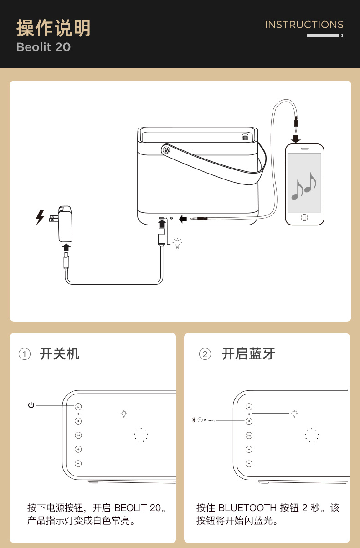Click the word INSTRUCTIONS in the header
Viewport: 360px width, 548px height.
click(304, 25)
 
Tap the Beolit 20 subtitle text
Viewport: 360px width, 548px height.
click(44, 47)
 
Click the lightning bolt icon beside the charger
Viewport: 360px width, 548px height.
click(40, 218)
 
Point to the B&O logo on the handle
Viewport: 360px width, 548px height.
click(166, 150)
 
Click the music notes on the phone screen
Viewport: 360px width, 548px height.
click(303, 186)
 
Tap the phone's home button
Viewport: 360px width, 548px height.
click(304, 217)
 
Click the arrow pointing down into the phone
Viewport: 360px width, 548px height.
click(296, 138)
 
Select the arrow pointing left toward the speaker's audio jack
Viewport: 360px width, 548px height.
click(183, 219)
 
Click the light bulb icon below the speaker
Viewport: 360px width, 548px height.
click(177, 243)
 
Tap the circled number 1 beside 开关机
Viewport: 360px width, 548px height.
click(25, 354)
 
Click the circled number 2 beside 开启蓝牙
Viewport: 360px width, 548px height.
click(205, 354)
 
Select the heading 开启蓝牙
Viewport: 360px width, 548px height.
click(248, 354)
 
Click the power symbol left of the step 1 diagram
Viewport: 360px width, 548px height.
click(31, 405)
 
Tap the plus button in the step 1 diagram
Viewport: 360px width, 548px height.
click(78, 450)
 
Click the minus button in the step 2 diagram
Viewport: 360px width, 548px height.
click(249, 464)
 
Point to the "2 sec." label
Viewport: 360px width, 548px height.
click(209, 420)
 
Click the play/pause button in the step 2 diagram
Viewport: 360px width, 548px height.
click(249, 435)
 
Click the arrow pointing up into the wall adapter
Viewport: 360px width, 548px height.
click(67, 247)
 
